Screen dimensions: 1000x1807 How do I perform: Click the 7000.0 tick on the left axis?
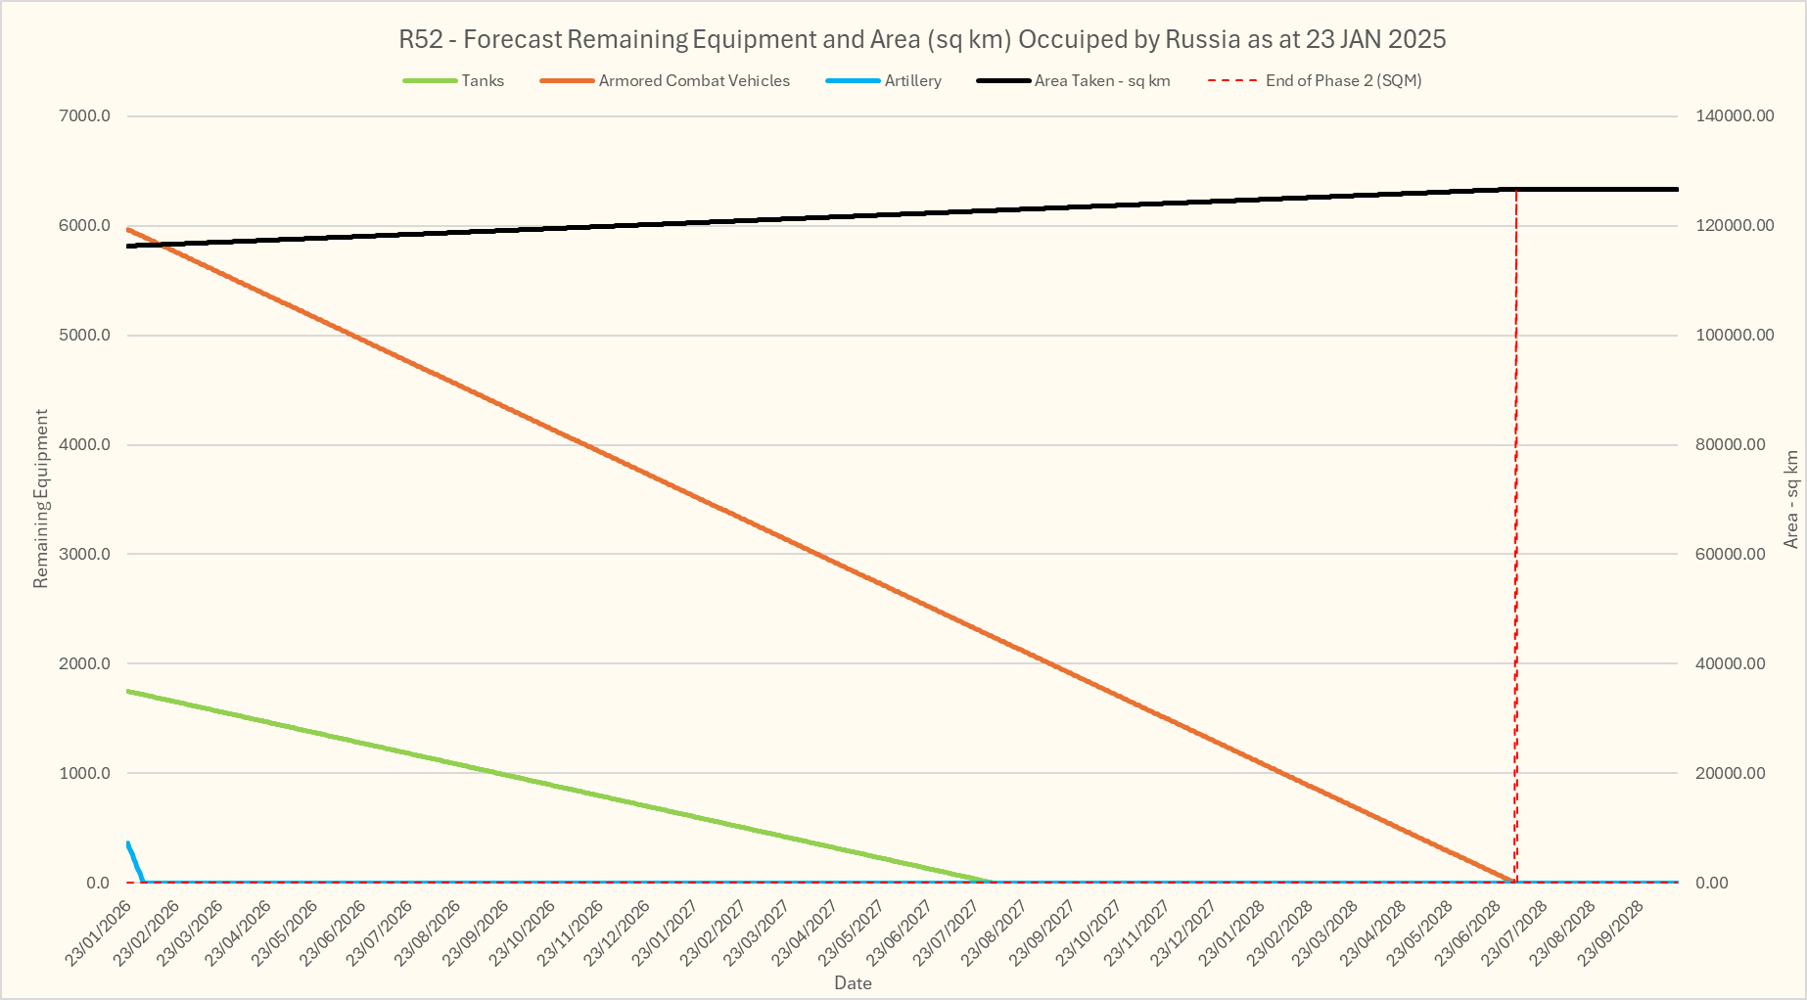[x=85, y=116]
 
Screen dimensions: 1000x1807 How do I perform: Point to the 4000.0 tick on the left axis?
[x=85, y=445]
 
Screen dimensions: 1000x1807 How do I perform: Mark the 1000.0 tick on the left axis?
[x=85, y=773]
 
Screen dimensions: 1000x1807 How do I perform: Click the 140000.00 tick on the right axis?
[x=1735, y=116]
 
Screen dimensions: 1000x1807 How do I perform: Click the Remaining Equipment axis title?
[x=41, y=499]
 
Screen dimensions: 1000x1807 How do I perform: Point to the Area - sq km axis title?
[x=1791, y=499]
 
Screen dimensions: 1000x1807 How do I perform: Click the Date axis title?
[x=853, y=983]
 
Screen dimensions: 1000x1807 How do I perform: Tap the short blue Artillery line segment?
[x=135, y=861]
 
